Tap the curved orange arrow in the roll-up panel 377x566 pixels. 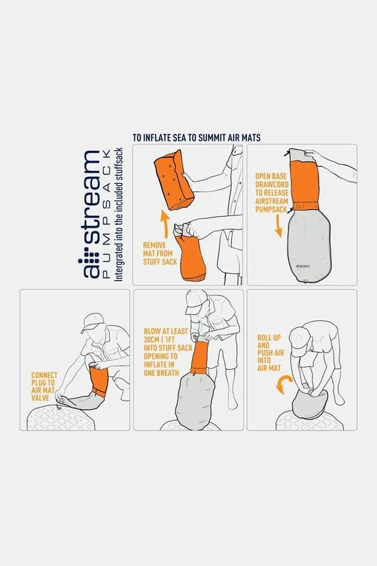[281, 386]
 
